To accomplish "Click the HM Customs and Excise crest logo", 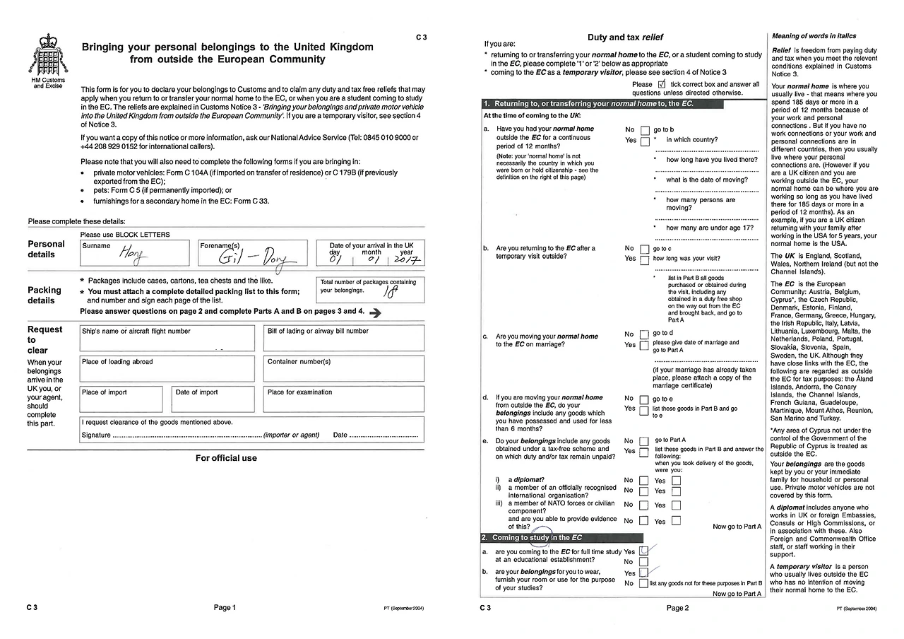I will [x=47, y=56].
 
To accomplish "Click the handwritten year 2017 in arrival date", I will [x=406, y=260].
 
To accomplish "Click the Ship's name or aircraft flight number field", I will [x=167, y=338].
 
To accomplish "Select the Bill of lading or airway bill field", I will [x=345, y=338].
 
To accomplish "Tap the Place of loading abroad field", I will [x=167, y=368].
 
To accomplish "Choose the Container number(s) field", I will [x=345, y=368].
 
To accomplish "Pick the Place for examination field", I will [x=345, y=399].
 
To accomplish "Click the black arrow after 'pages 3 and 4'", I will [x=375, y=312].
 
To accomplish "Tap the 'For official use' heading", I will [x=226, y=458].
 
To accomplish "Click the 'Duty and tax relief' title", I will [x=625, y=37].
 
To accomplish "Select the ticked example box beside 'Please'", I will [x=662, y=83].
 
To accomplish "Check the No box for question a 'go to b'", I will [x=644, y=130].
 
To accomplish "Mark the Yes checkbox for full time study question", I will [x=643, y=551].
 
